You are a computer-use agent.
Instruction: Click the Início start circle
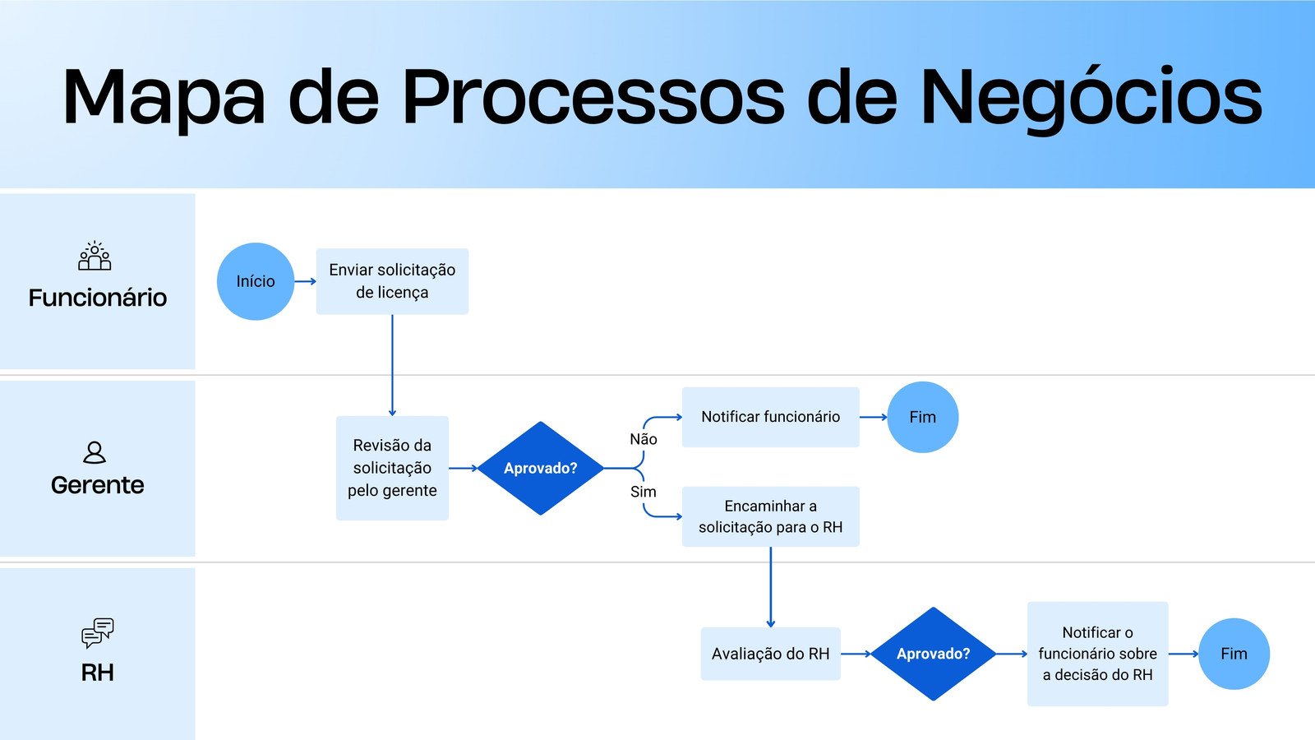[x=256, y=281]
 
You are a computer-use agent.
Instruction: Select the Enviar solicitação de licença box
[x=392, y=281]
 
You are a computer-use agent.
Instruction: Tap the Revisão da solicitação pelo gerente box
[x=392, y=468]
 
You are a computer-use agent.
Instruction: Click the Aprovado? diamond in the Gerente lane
[x=540, y=468]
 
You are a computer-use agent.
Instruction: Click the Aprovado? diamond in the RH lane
[x=933, y=654]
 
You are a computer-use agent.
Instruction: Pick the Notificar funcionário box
[x=770, y=417]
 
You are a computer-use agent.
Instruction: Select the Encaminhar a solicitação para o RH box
[x=770, y=516]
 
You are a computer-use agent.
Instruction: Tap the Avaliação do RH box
[x=770, y=654]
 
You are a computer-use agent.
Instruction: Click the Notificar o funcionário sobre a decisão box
[x=1097, y=654]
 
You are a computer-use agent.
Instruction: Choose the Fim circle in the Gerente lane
[x=922, y=417]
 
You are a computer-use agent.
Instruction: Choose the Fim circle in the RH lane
[x=1234, y=654]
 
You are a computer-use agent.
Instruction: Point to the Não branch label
[x=644, y=439]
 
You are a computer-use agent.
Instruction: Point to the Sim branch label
[x=644, y=492]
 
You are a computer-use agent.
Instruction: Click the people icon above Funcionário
[x=95, y=257]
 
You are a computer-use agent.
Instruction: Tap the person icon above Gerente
[x=95, y=452]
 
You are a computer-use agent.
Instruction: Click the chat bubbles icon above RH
[x=98, y=633]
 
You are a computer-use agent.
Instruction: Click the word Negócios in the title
[x=1091, y=97]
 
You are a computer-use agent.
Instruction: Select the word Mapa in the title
[x=164, y=97]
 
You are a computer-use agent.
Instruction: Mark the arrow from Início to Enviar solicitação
[x=305, y=281]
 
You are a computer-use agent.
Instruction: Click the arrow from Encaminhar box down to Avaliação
[x=770, y=587]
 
